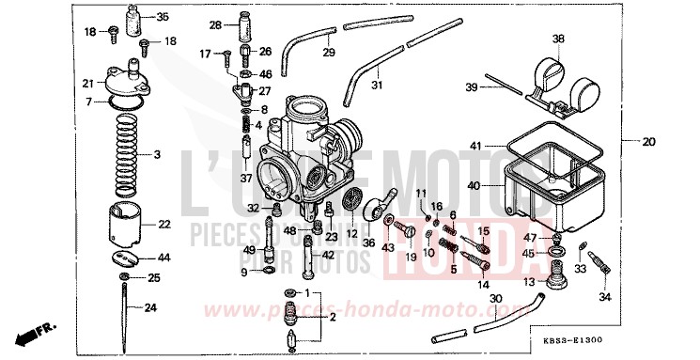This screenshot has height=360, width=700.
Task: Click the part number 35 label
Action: click(x=163, y=16)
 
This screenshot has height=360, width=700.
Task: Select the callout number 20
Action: click(x=648, y=143)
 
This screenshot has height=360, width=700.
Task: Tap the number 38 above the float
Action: click(x=558, y=39)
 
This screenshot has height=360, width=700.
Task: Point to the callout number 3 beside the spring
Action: click(x=158, y=154)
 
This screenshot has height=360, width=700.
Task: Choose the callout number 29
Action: click(x=329, y=52)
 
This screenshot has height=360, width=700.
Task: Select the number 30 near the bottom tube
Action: click(x=496, y=301)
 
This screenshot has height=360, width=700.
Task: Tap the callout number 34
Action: click(x=604, y=298)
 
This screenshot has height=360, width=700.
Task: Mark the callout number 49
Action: click(x=249, y=250)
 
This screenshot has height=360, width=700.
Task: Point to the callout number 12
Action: click(x=351, y=234)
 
